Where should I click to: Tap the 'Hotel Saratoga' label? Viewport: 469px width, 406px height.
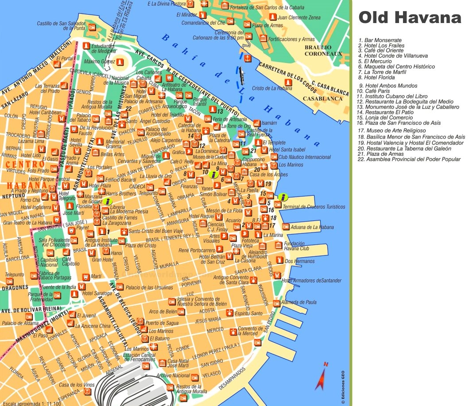(97, 293)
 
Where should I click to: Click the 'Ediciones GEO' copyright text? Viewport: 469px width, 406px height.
(343, 386)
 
